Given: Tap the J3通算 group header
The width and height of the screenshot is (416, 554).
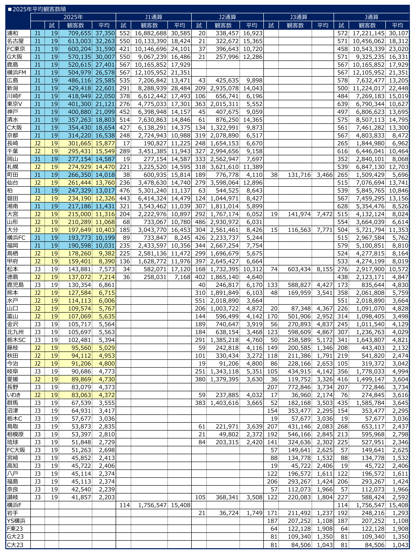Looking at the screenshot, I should click(x=298, y=17).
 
